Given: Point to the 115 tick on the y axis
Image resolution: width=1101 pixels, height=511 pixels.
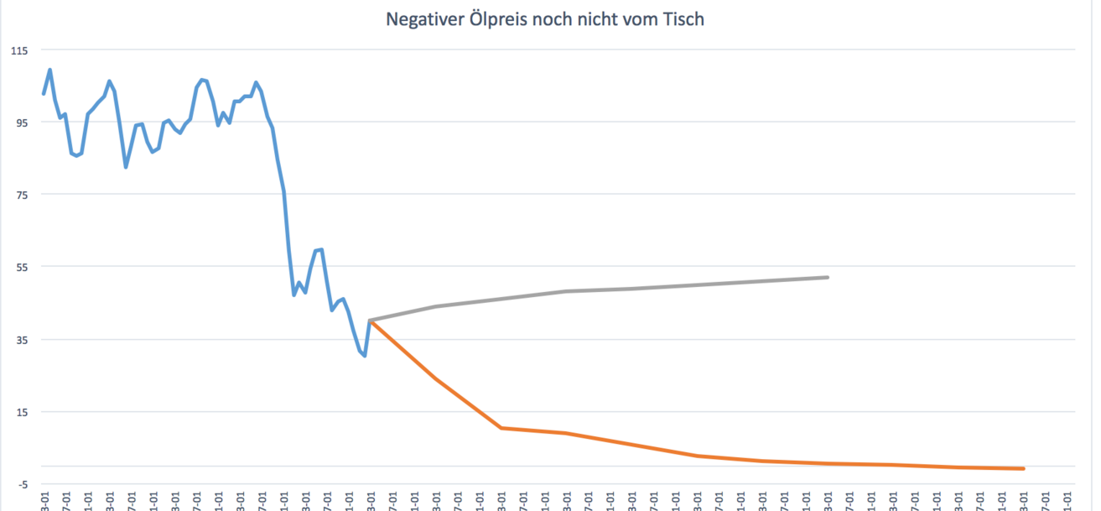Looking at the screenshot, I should [18, 50].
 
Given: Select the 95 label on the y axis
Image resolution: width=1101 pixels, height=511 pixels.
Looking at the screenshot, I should [20, 123].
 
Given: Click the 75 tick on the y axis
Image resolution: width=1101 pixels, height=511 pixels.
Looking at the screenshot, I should [20, 195].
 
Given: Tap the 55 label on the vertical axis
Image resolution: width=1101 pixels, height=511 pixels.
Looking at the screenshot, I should [20, 267].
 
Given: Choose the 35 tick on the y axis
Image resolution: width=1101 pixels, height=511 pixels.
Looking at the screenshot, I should [20, 340].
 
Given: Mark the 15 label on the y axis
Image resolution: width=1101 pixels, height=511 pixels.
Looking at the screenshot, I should [20, 412].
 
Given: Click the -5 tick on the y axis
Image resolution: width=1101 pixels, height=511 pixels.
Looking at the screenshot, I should [22, 484].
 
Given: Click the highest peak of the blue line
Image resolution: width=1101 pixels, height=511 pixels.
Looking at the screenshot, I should [49, 70].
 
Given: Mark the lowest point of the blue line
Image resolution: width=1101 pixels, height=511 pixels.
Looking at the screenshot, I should [365, 356].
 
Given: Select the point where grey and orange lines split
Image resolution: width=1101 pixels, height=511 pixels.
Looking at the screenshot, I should [370, 321].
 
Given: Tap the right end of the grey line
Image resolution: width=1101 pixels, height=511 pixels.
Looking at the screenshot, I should [828, 277].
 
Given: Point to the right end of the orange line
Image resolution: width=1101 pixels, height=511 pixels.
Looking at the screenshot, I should [1024, 468].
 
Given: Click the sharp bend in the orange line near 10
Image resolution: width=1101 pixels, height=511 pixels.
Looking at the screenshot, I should [501, 428].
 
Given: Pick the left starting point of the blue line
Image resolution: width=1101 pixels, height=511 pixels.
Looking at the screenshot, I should [44, 94].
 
